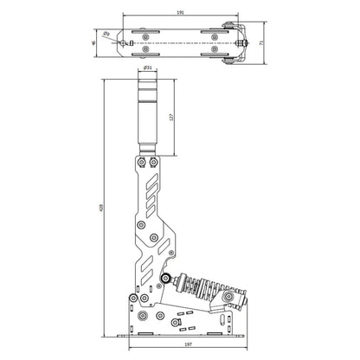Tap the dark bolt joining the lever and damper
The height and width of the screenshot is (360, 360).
tap(164, 278)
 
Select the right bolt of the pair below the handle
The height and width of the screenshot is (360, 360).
tap(152, 162)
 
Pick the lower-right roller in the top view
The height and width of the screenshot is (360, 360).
tap(212, 52)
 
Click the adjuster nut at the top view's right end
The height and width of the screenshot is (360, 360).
tap(247, 42)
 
